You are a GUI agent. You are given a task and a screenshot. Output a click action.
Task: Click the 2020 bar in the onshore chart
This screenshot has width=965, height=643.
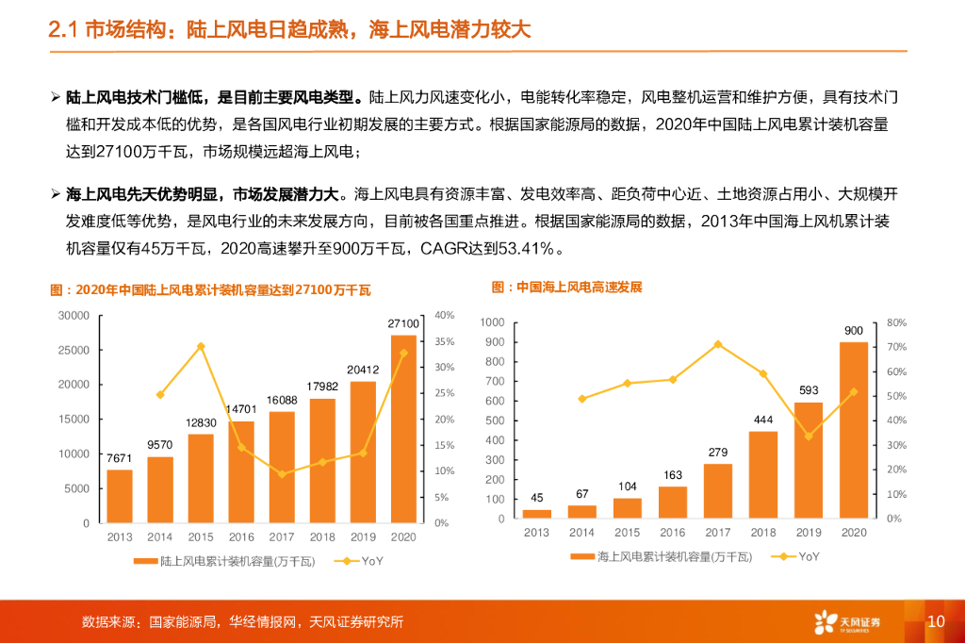(x=403, y=429)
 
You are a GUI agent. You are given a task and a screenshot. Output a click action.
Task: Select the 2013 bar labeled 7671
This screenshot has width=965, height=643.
(x=120, y=496)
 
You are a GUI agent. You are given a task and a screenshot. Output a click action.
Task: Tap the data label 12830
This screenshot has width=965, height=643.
(x=201, y=422)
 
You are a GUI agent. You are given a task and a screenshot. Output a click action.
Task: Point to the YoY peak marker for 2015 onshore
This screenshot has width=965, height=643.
(x=201, y=346)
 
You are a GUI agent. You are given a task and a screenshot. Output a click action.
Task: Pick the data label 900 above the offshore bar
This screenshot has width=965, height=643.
(x=853, y=330)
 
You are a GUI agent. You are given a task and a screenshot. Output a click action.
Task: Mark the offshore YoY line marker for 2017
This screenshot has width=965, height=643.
(x=717, y=344)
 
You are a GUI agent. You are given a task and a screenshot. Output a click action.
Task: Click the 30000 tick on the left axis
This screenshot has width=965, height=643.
(x=74, y=315)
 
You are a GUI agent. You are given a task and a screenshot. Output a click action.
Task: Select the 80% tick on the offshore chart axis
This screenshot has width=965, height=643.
(x=896, y=322)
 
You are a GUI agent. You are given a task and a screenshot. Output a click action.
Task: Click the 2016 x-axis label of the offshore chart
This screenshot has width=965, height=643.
(x=672, y=533)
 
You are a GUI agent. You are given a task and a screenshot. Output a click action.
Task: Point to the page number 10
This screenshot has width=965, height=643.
(x=935, y=621)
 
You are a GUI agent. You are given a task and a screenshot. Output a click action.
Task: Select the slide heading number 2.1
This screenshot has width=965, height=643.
(x=64, y=30)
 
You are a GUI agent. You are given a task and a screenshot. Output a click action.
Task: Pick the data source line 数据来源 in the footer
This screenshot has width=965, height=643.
(x=242, y=622)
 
